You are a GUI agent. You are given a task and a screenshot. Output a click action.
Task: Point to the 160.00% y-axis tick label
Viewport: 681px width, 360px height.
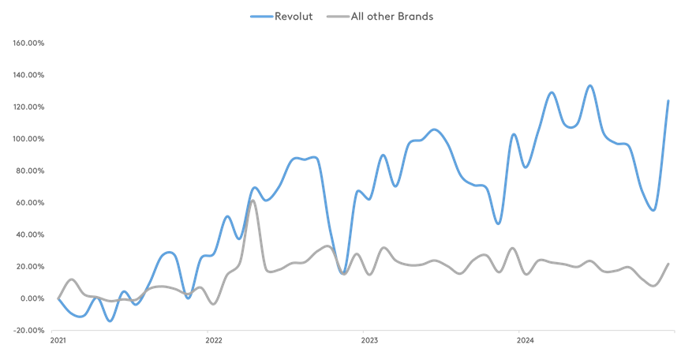coord(28,43)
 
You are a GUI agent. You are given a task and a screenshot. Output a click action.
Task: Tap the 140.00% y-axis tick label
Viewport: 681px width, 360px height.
coord(28,75)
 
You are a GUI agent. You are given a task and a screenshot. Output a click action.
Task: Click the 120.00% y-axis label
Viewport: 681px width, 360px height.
coord(28,107)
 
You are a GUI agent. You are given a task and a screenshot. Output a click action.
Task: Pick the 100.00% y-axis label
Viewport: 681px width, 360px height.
coord(28,139)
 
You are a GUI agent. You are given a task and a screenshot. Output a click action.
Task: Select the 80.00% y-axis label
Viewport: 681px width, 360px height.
coord(30,171)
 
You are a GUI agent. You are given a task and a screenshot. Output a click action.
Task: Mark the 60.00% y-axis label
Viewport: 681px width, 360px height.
coord(30,203)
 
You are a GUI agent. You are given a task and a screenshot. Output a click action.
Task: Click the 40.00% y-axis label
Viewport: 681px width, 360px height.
coord(30,234)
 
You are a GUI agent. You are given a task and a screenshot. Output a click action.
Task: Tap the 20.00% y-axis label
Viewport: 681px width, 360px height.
coord(30,266)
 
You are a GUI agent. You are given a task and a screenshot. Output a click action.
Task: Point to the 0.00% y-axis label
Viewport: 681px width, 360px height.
coord(32,298)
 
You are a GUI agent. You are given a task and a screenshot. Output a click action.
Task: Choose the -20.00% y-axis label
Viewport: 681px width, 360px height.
coord(28,330)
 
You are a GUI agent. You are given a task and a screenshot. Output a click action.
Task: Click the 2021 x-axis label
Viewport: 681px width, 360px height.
coord(58,341)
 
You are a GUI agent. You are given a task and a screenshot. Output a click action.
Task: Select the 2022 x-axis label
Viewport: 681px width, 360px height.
coord(214,341)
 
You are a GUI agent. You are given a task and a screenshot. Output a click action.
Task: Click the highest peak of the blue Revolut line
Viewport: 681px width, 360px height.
coord(589,85)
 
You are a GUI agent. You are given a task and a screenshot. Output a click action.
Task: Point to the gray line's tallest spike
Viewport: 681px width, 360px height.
coord(253,201)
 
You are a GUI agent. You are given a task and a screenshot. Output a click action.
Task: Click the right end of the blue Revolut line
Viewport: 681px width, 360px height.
coord(668,100)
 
